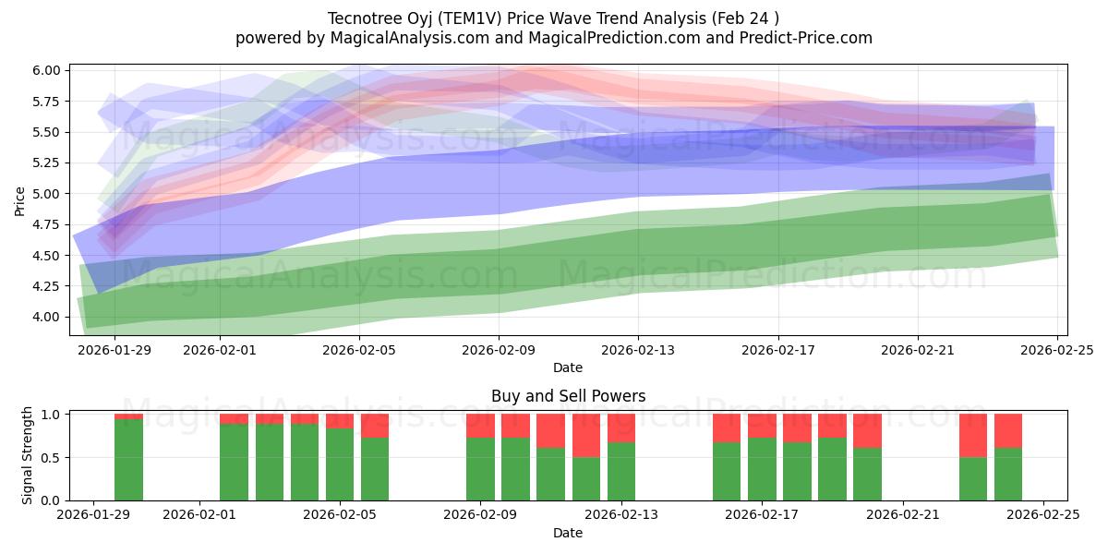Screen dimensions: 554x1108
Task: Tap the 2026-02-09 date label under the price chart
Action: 499,350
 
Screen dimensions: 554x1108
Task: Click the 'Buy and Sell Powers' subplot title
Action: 568,396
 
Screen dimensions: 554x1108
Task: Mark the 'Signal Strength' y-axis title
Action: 28,455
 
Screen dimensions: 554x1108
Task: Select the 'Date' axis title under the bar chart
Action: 568,533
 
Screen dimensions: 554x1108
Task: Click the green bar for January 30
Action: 128,460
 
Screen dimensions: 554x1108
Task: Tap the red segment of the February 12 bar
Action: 586,435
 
